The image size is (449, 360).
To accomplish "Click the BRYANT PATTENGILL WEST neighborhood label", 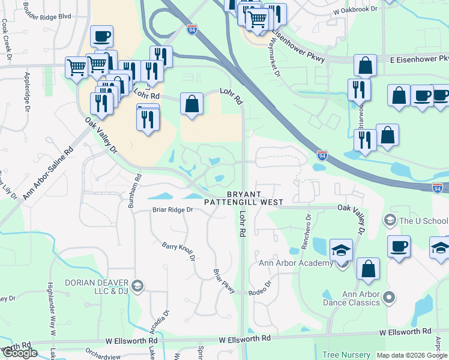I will point(244,198).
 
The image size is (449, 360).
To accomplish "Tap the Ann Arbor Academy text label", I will point(295,263).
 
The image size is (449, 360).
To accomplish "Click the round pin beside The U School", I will point(389,220).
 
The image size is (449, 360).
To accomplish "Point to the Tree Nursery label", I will point(346,355).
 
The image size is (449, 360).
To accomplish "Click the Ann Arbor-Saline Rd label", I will point(47,174).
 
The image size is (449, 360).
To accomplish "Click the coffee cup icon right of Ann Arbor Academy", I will point(398,246).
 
